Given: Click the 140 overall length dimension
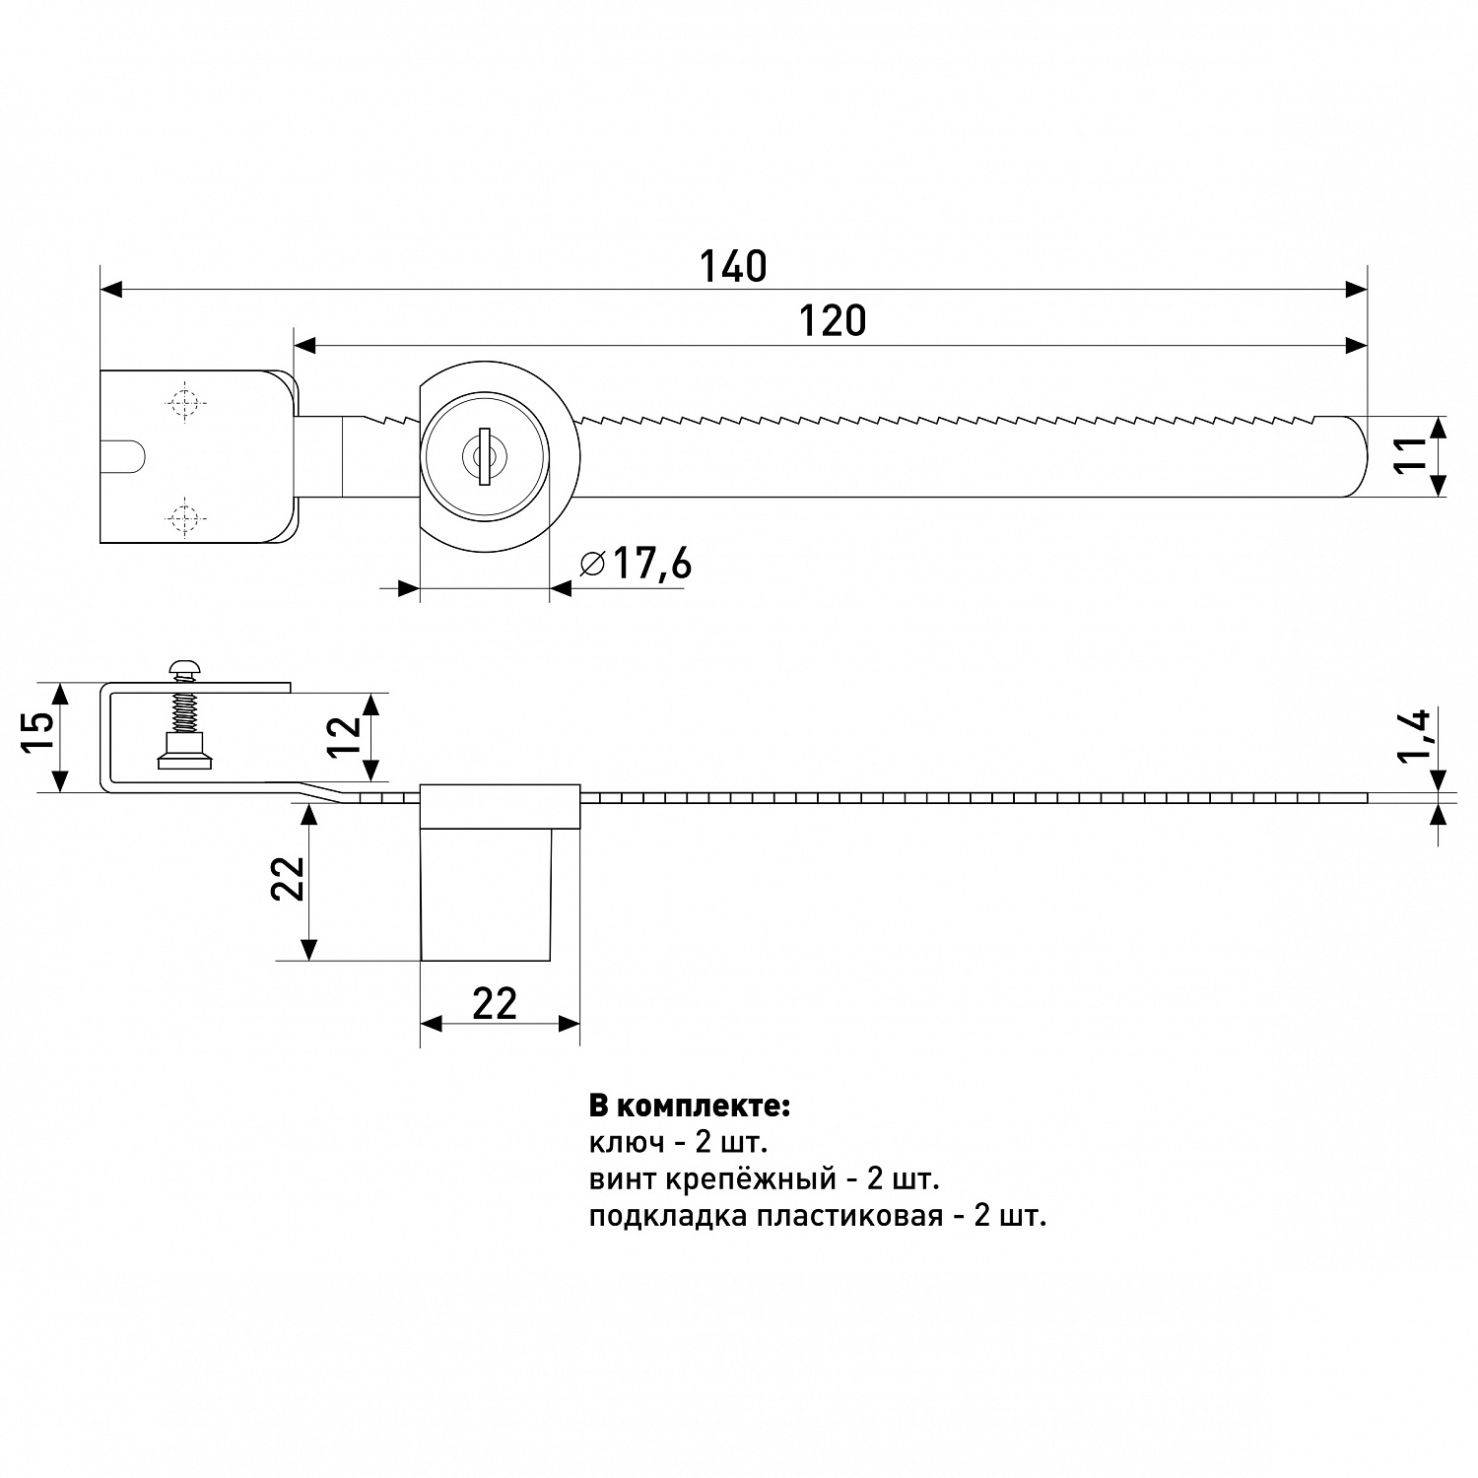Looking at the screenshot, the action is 733,267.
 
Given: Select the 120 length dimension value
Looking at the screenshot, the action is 833,321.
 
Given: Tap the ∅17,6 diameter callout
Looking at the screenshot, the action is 637,564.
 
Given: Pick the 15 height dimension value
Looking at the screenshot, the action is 39,731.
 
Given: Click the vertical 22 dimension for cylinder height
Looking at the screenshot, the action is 287,879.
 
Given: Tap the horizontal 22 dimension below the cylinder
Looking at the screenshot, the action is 495,1004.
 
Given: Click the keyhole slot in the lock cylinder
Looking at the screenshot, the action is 483,456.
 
